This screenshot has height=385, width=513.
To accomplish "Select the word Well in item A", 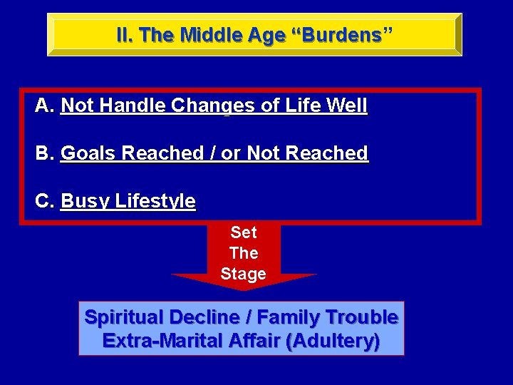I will click(x=346, y=106).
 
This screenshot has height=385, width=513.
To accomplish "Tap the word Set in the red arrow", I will click(x=244, y=232).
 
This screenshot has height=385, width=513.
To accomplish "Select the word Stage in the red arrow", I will click(x=244, y=274).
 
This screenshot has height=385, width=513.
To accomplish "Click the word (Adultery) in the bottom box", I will click(x=332, y=341).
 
